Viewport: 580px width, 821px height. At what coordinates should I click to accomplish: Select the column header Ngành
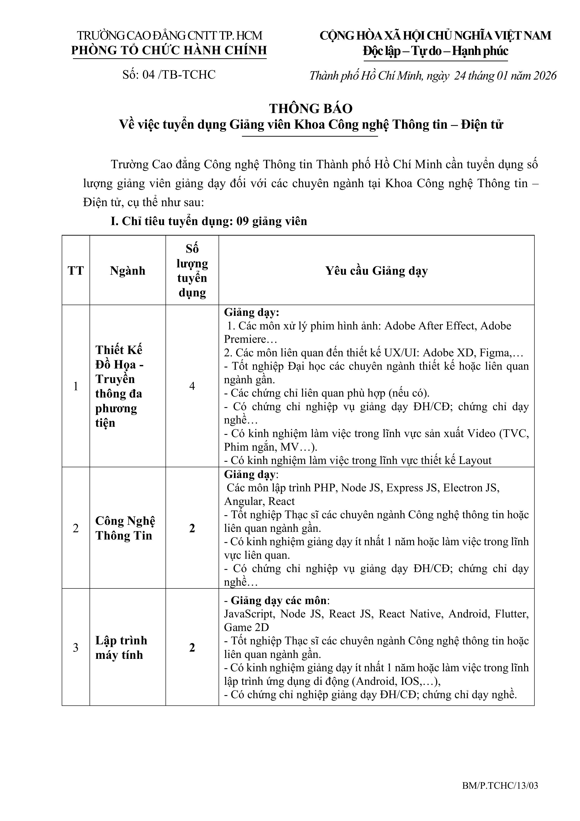pos(128,271)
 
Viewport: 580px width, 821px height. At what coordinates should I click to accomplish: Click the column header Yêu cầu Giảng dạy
pos(376,271)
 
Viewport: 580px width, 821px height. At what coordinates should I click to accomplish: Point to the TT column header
pos(76,271)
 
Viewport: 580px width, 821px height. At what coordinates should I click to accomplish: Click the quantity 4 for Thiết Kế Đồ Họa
pos(192,386)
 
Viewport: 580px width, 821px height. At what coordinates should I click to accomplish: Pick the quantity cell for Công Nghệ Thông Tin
pos(192,528)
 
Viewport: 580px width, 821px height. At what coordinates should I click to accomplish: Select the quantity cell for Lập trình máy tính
pos(192,648)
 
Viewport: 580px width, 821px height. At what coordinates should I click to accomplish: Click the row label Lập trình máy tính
pos(121,648)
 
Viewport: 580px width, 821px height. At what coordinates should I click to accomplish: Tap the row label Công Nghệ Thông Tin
pos(125,528)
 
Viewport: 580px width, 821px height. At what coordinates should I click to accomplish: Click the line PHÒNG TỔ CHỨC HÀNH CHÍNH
pos(169,50)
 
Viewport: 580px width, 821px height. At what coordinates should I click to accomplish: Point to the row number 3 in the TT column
pos(76,648)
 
